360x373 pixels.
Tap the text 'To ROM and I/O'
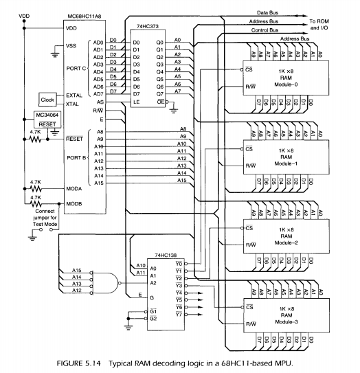332,25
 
